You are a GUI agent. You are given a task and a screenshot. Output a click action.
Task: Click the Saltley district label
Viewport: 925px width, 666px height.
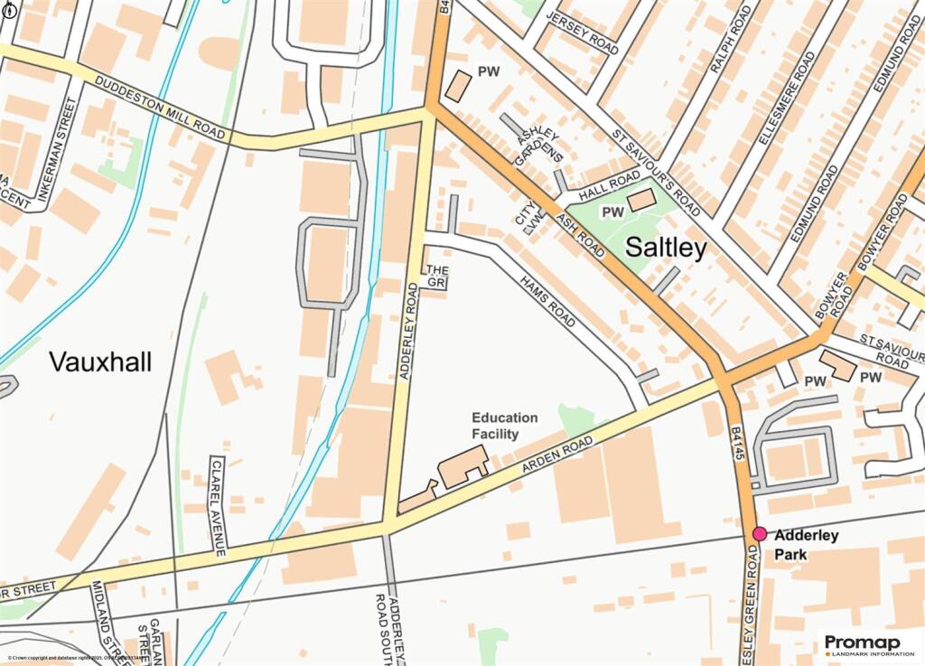666,249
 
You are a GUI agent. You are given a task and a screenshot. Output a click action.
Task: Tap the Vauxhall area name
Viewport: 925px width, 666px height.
100,362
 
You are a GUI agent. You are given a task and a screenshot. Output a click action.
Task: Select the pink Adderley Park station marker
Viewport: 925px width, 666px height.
760,535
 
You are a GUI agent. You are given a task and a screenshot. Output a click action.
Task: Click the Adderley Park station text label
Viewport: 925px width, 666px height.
807,544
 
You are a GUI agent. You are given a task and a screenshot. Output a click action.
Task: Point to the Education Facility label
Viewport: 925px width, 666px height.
504,426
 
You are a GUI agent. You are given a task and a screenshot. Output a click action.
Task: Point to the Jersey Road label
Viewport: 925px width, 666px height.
589,34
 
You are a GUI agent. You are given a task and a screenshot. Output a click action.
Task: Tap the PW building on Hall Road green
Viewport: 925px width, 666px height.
641,201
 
